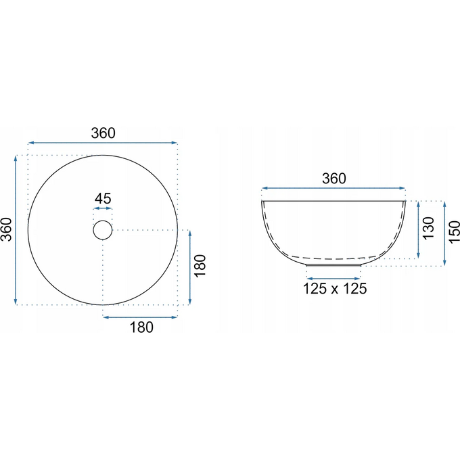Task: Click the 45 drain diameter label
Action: [103, 199]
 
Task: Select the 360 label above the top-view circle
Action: [103, 133]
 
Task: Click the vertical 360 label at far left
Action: [6, 230]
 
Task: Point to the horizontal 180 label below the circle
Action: [141, 327]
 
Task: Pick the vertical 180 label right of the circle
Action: [200, 266]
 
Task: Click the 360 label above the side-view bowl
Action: [334, 179]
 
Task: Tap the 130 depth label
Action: [429, 228]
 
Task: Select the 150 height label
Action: [455, 232]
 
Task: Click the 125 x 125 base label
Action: [335, 289]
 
